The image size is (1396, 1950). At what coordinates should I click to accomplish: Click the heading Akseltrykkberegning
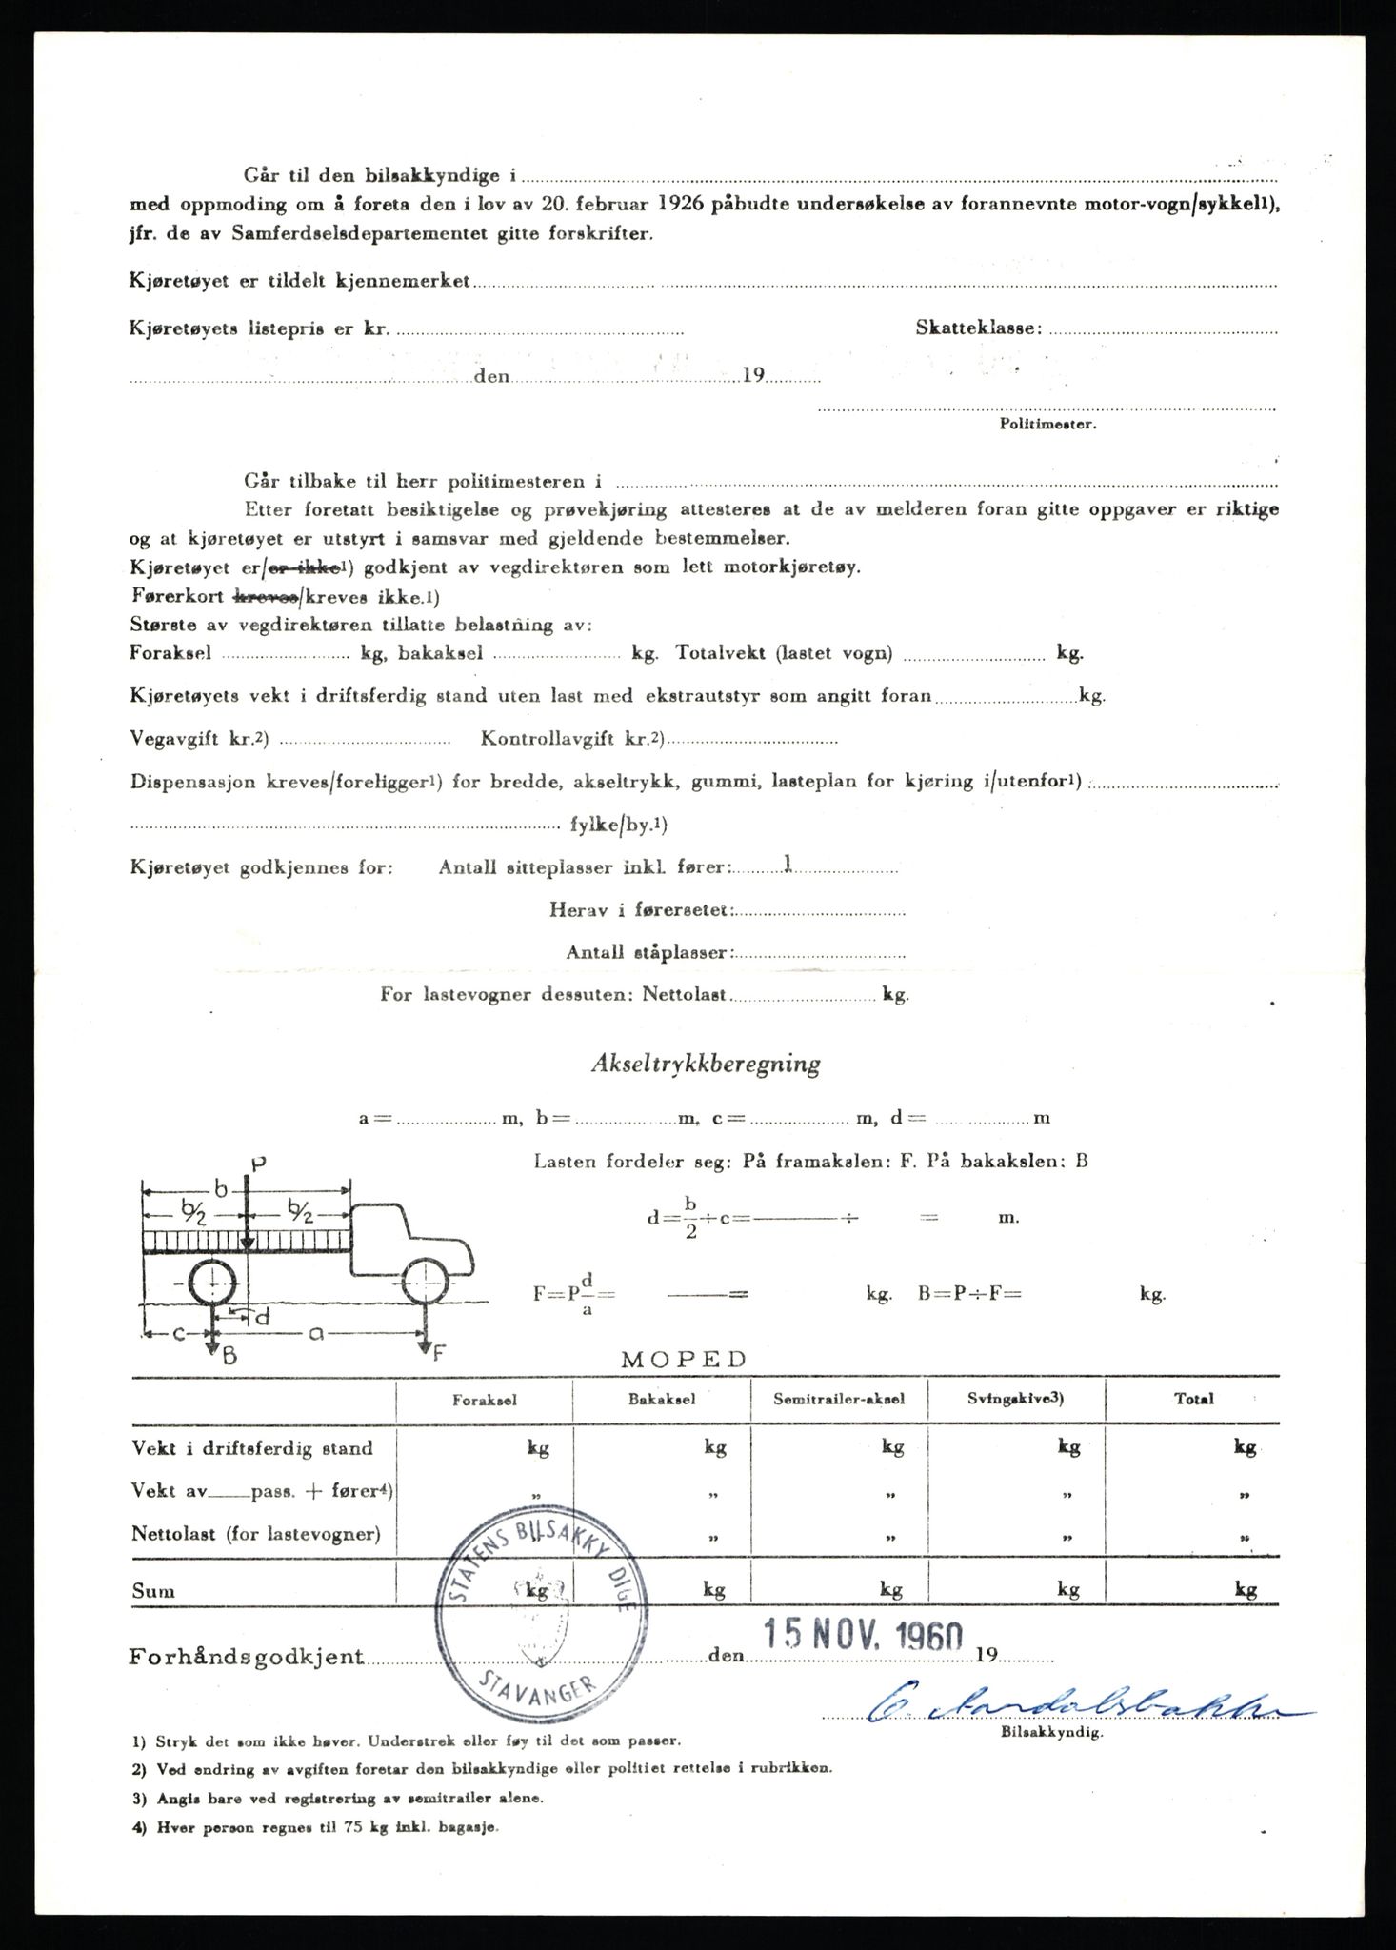click(x=705, y=1064)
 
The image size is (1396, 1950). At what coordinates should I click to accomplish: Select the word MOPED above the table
click(x=684, y=1359)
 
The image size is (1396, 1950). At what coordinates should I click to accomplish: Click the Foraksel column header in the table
click(x=485, y=1399)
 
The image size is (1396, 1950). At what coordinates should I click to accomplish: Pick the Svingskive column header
click(x=1016, y=1399)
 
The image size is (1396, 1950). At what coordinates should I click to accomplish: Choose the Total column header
click(x=1193, y=1399)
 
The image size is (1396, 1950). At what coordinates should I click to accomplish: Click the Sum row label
click(x=153, y=1590)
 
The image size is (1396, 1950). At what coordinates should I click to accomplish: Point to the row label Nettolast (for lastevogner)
click(x=256, y=1534)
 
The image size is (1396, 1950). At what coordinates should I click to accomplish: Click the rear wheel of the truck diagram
click(x=211, y=1284)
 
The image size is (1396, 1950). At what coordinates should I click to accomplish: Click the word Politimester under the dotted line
click(x=1047, y=424)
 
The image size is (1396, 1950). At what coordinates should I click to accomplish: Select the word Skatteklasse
click(x=978, y=328)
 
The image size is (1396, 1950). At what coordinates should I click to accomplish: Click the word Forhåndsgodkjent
click(x=247, y=1656)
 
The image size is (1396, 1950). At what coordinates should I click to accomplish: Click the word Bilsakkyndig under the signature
click(x=1051, y=1734)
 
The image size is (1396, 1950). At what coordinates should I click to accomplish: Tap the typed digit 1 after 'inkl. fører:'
click(x=787, y=865)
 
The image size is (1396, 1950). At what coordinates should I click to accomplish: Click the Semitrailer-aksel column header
click(x=839, y=1399)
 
